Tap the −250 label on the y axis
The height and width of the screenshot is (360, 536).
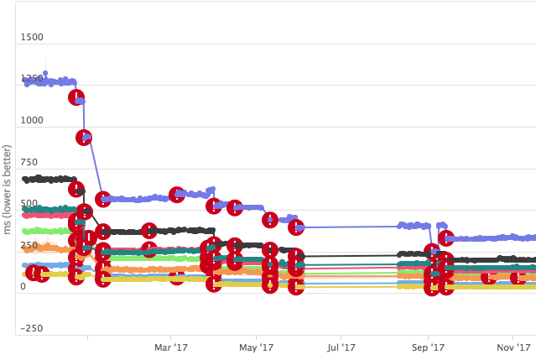pyautogui.click(x=33, y=328)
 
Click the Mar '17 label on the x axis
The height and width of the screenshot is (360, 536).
pyautogui.click(x=170, y=347)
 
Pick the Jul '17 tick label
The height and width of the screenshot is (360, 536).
pyautogui.click(x=341, y=347)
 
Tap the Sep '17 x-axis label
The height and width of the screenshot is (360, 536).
pyautogui.click(x=427, y=347)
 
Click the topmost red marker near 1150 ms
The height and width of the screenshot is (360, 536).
pyautogui.click(x=76, y=97)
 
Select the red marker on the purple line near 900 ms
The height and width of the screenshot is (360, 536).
pyautogui.click(x=84, y=138)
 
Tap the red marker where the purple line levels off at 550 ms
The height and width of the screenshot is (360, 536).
pyautogui.click(x=103, y=199)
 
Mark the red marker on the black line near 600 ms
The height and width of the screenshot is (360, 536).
pyautogui.click(x=76, y=189)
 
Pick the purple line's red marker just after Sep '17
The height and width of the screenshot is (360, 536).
pyautogui.click(x=446, y=238)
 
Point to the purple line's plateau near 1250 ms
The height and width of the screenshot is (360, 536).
pyautogui.click(x=50, y=81)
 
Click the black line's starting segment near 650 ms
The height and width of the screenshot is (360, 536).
pyautogui.click(x=46, y=179)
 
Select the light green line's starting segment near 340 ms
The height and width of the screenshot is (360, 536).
pyautogui.click(x=46, y=231)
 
